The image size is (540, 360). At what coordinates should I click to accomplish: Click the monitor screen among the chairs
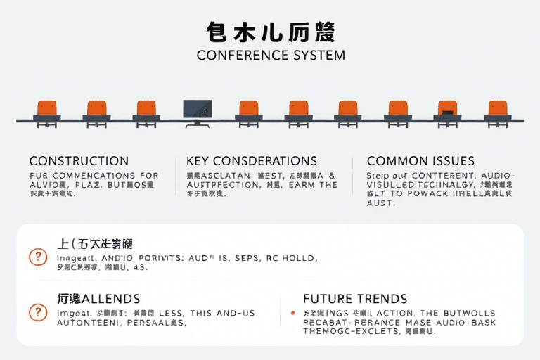coord(198,108)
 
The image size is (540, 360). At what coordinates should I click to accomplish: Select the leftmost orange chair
coord(47,110)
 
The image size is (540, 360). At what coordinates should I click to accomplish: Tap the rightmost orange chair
coord(497,110)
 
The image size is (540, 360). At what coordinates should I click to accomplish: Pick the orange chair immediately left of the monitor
coord(146,110)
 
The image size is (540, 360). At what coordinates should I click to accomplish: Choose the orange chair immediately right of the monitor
coord(248,110)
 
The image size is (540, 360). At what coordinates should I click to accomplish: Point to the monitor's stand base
coord(198,124)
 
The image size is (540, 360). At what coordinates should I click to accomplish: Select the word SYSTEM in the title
coord(320,55)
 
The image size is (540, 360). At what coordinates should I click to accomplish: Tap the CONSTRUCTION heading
coord(79,161)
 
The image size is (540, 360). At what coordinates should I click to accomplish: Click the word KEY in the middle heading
coord(198,161)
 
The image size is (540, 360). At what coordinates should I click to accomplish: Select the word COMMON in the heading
coord(394,161)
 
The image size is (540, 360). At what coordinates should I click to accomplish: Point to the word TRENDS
coord(383,299)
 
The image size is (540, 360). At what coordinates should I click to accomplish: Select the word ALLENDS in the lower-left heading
coord(111,299)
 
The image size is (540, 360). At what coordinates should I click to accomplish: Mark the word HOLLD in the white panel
coord(300,258)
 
